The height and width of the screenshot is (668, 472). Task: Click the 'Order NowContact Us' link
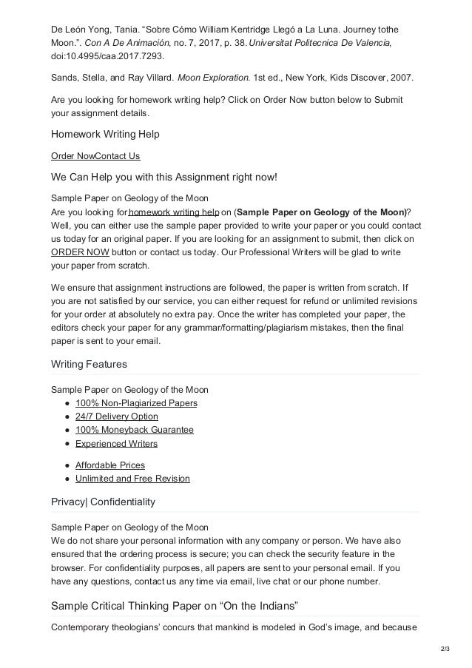(x=95, y=156)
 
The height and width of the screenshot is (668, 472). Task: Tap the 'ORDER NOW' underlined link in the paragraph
(x=75, y=252)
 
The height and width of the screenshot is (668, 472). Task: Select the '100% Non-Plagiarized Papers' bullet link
(x=136, y=403)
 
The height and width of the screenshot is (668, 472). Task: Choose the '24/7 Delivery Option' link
(x=116, y=416)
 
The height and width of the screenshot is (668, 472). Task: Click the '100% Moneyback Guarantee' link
(x=134, y=430)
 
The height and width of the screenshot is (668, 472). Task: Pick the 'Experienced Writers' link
(x=116, y=444)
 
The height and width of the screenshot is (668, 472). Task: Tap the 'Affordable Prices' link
(x=109, y=465)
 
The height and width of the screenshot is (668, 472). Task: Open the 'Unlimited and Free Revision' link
(x=132, y=479)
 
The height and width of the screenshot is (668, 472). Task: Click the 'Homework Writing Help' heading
(x=106, y=135)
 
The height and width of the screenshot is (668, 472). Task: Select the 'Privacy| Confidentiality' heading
(x=103, y=502)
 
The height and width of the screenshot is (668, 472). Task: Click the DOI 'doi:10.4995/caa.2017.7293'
(x=108, y=55)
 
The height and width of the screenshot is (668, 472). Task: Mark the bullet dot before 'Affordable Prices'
(x=67, y=465)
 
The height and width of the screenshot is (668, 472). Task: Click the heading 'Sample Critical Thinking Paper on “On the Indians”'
(x=174, y=607)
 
